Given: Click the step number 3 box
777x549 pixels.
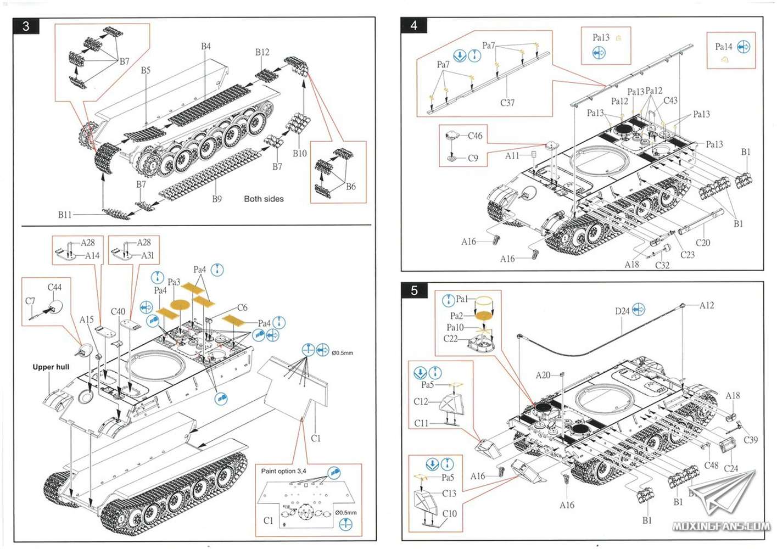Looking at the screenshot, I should coord(26,26).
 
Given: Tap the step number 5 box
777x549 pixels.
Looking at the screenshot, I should coord(414,290).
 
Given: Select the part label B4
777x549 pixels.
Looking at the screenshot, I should coord(206,47).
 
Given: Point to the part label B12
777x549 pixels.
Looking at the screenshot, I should coord(262,52).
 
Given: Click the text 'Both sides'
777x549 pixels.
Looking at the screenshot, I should coord(264,199).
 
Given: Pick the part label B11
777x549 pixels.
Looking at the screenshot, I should coord(65,215).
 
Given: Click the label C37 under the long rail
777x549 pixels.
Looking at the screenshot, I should coord(507,103).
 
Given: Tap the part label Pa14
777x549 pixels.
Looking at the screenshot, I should coord(724,47).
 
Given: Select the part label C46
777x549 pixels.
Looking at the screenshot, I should coord(475,136).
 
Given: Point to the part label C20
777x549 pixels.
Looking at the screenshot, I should coord(702,243).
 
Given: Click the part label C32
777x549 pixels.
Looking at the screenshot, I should coord(662,265).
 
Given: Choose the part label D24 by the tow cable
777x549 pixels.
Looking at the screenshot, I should coord(622,311).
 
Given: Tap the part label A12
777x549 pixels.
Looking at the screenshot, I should coord(707,305).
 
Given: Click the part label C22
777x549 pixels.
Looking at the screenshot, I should coord(450,339).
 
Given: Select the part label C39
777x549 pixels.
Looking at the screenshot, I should coord(750,440).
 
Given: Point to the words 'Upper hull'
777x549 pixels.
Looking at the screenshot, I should coord(51,367).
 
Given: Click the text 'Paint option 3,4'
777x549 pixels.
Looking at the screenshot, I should coord(283,471).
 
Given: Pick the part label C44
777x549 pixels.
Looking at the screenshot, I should coord(54,287).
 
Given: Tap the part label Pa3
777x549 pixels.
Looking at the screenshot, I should coord(174,282).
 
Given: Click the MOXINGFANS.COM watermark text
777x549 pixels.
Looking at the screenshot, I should coord(721,526).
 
